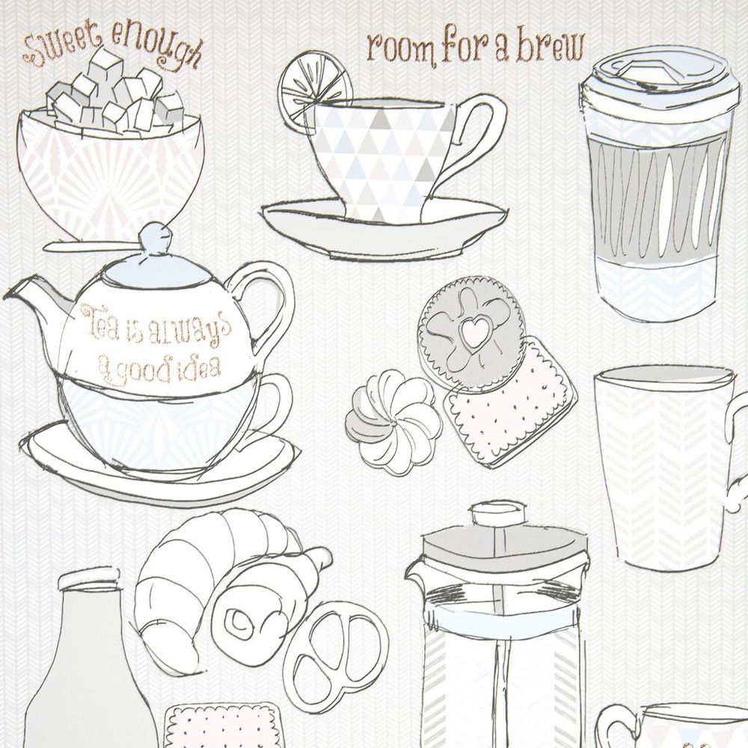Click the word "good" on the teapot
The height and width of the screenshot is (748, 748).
pyautogui.click(x=150, y=366)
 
